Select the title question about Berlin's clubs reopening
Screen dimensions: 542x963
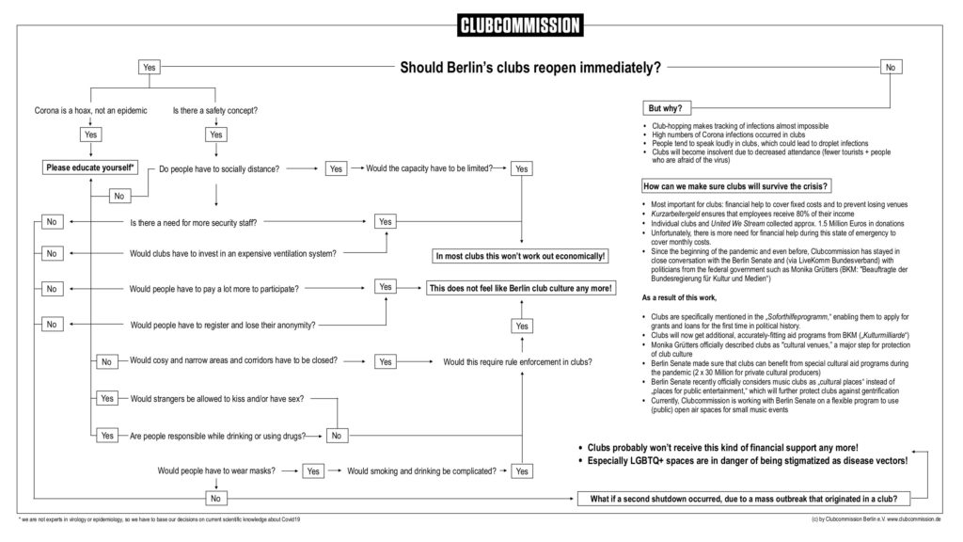[x=530, y=68]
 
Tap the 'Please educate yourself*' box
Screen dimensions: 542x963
[x=90, y=168]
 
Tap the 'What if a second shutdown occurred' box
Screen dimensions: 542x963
[x=743, y=498]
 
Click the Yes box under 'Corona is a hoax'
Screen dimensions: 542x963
[x=90, y=135]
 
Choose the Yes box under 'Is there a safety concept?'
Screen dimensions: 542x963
[x=216, y=135]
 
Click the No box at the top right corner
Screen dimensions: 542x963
[x=890, y=67]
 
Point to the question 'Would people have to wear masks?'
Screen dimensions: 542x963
[x=216, y=470]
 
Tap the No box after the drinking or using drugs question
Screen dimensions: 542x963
[x=337, y=436]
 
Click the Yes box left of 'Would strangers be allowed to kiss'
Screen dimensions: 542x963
[x=106, y=399]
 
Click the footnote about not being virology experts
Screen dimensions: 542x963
[x=160, y=519]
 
